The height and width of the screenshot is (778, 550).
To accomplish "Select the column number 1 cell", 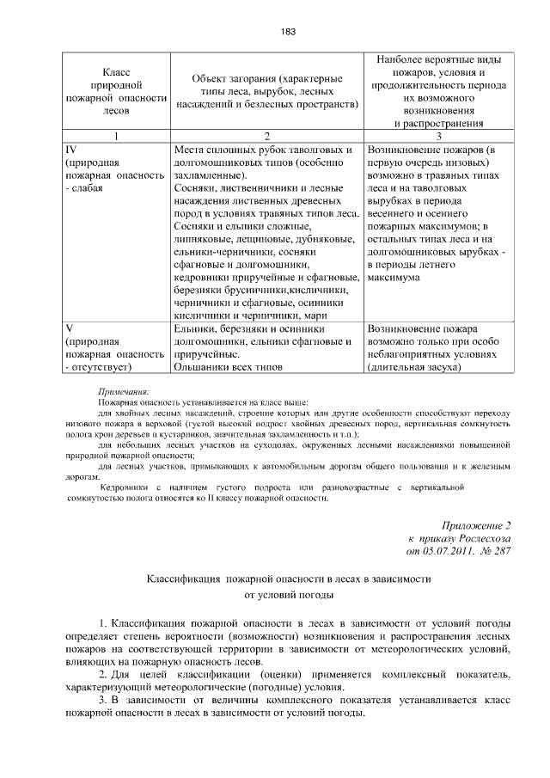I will tap(115, 136).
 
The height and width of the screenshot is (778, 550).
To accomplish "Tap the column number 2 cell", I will tap(267, 136).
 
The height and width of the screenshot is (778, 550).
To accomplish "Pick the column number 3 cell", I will tap(439, 136).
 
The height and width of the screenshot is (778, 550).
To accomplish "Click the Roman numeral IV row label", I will tap(71, 149).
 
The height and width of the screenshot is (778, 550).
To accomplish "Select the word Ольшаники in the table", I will tap(201, 367).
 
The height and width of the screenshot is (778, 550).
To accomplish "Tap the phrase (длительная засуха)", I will tap(412, 367).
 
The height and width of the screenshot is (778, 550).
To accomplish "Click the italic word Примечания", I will tap(124, 390).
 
